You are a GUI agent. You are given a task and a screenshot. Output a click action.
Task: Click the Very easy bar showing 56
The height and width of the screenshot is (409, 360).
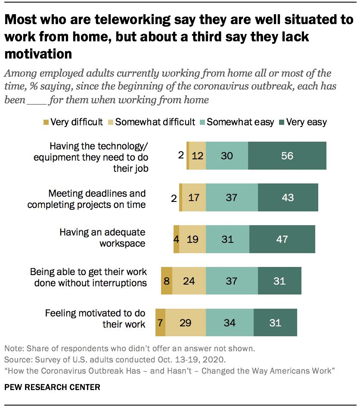pos(287,155)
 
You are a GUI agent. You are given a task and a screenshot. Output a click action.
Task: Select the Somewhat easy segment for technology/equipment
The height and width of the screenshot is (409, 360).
pos(227,155)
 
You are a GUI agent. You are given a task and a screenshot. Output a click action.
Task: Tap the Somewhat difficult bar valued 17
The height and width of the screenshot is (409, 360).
pos(193,197)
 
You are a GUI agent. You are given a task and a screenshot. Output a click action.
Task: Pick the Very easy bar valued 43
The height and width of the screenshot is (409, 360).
pos(288,197)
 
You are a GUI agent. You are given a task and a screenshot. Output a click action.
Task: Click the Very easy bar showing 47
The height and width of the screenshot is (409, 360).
pos(282,239)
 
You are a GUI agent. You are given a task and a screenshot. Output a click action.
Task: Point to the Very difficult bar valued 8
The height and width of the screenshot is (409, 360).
pos(167,281)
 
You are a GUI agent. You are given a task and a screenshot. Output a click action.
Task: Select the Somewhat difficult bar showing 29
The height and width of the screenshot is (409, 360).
pos(185,322)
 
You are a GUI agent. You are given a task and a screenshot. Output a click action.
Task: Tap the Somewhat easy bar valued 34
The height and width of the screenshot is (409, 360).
pos(230,322)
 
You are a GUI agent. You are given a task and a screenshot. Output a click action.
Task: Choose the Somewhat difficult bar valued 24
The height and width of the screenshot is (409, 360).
pos(189,281)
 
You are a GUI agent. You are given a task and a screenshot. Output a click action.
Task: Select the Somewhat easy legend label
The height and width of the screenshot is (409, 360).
pos(240,122)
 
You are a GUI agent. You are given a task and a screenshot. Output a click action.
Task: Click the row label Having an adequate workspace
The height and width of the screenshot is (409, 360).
pos(102,238)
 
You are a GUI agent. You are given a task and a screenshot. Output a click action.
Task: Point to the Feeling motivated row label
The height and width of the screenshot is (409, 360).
pos(95,319)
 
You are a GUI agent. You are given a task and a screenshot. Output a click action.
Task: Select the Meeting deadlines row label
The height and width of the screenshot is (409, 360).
pos(87,199)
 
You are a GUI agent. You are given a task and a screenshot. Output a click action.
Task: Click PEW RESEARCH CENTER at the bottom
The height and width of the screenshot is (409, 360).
pos(52,387)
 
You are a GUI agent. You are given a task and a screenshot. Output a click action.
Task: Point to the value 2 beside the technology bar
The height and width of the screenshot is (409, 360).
pos(181,155)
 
